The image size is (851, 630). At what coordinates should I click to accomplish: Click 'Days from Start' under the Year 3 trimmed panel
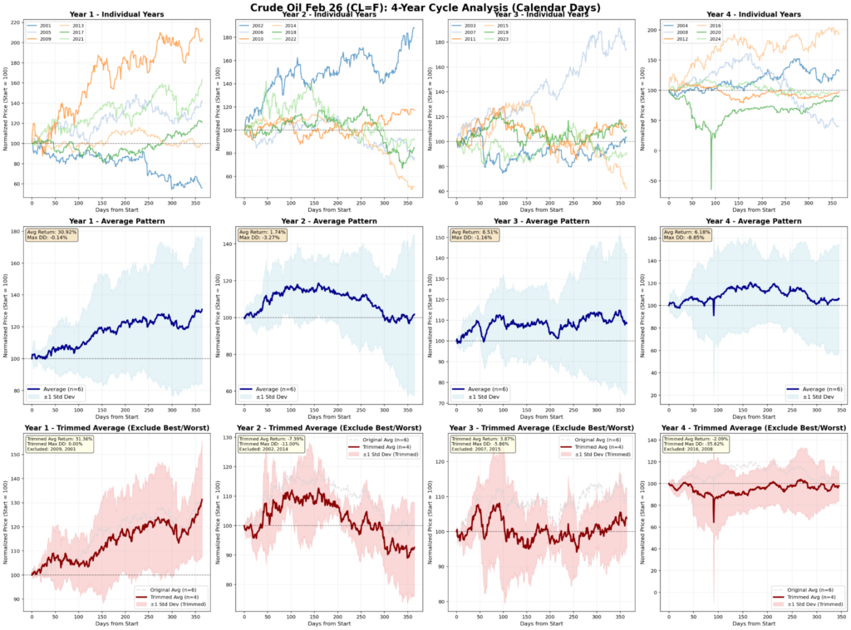click(x=543, y=623)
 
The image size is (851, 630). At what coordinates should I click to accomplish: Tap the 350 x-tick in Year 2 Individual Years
click(x=407, y=203)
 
